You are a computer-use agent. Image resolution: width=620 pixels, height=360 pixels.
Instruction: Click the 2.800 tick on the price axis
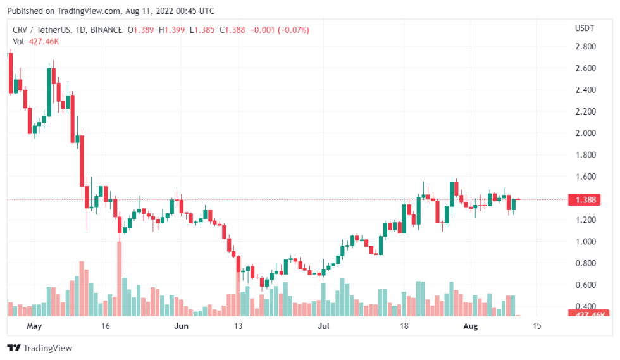[x=584, y=46]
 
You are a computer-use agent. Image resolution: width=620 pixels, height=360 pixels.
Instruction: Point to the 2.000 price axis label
[x=584, y=133]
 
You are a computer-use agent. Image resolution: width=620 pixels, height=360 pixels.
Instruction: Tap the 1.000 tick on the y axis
[x=584, y=241]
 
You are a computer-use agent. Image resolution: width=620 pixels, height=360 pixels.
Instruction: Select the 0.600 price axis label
[x=584, y=285]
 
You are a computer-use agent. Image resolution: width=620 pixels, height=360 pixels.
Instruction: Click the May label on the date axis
[x=34, y=326]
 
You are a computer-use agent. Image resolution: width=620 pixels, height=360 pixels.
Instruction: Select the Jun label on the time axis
[x=182, y=326]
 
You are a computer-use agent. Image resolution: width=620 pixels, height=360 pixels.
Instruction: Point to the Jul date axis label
[x=323, y=326]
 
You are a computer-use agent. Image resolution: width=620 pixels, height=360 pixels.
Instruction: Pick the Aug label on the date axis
[x=469, y=326]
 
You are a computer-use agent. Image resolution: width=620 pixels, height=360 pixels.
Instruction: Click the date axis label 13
[x=238, y=326]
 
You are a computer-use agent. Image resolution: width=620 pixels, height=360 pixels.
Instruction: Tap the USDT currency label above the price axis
[x=583, y=28]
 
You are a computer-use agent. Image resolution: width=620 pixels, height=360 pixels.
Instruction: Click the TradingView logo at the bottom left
[x=39, y=348]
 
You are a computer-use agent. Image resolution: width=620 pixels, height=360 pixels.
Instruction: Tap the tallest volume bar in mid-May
[x=118, y=278]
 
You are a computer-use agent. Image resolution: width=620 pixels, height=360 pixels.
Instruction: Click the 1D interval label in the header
[x=80, y=30]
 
